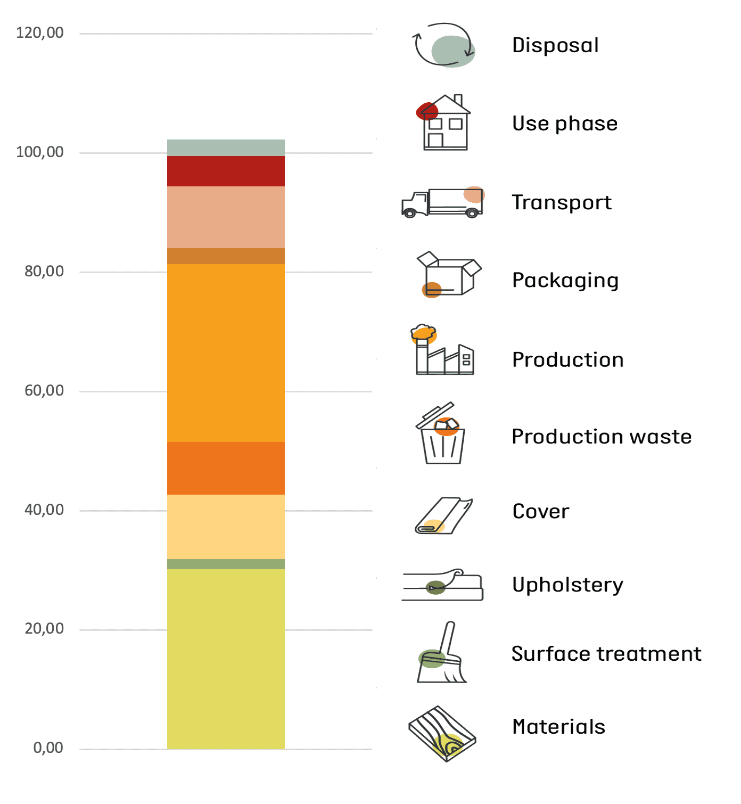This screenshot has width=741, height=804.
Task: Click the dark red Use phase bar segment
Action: (x=226, y=171)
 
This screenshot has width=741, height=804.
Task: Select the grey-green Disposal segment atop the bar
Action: (x=226, y=147)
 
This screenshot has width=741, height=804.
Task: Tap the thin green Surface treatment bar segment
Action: (x=226, y=564)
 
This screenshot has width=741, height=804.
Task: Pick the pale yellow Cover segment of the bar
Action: (x=226, y=527)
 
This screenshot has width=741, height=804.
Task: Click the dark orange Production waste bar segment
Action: (x=226, y=468)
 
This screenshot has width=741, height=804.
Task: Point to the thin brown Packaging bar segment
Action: (x=226, y=256)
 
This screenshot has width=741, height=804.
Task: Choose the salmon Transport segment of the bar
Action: (x=226, y=217)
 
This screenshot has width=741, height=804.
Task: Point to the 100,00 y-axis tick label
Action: (x=40, y=152)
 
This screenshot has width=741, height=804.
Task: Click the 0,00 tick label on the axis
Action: (x=48, y=748)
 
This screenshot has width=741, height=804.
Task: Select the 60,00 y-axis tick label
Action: (x=44, y=391)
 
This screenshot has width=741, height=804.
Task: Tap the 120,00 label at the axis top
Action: (x=40, y=33)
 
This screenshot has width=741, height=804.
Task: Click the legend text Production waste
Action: (x=602, y=437)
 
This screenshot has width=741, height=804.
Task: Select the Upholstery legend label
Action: (x=567, y=585)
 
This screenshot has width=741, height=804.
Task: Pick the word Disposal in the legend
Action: (x=555, y=45)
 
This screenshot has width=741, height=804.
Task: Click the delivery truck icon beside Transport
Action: (x=442, y=203)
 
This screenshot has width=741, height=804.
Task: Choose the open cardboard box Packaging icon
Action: (x=448, y=274)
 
